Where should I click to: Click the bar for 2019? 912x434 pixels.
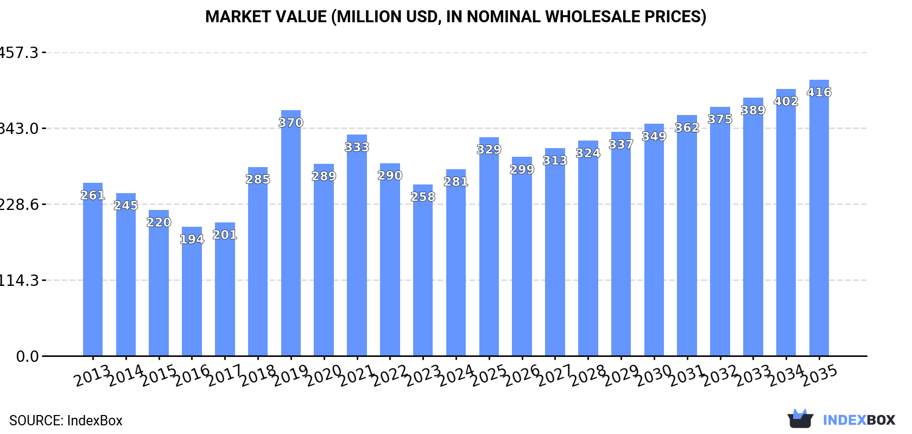click(x=291, y=233)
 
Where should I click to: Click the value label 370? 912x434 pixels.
click(x=291, y=123)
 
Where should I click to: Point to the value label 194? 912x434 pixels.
click(x=192, y=239)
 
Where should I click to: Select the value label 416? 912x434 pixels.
click(x=819, y=92)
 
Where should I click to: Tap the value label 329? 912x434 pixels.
click(x=489, y=149)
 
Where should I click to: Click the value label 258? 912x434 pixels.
click(x=423, y=197)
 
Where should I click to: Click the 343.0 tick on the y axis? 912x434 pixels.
click(x=20, y=129)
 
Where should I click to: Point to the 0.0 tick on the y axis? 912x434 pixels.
click(x=27, y=356)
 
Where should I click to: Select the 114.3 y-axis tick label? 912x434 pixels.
click(x=20, y=280)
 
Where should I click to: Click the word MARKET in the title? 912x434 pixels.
click(x=238, y=17)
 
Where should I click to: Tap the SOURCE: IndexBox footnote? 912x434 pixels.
click(x=66, y=420)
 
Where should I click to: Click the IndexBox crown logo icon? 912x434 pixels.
click(x=800, y=419)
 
